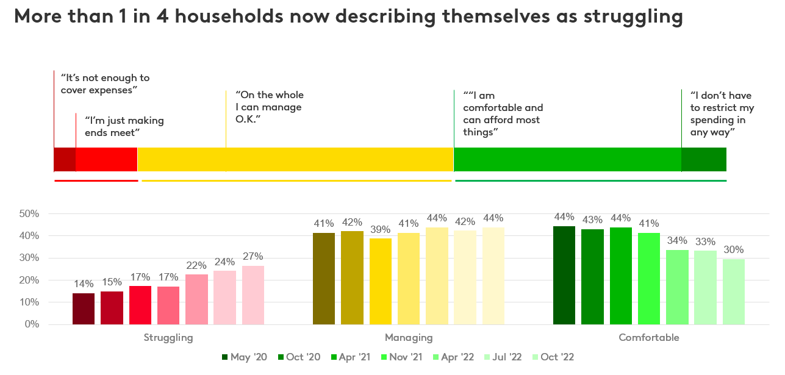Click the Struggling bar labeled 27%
point(253,295)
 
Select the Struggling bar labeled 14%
point(84,309)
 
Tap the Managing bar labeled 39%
point(381,281)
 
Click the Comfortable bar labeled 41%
point(649,279)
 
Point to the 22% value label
point(196,266)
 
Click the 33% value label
point(705,241)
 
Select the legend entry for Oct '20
point(299,357)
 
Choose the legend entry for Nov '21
point(403,357)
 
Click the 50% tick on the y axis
point(29,214)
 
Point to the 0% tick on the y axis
point(32,324)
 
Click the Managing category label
point(409,338)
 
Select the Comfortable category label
point(648,338)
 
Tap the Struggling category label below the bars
point(168,338)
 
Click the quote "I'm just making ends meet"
point(124,126)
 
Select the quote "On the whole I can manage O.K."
point(269,107)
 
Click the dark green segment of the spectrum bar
point(704,160)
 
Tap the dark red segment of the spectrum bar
point(65,160)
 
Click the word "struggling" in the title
point(633,17)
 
